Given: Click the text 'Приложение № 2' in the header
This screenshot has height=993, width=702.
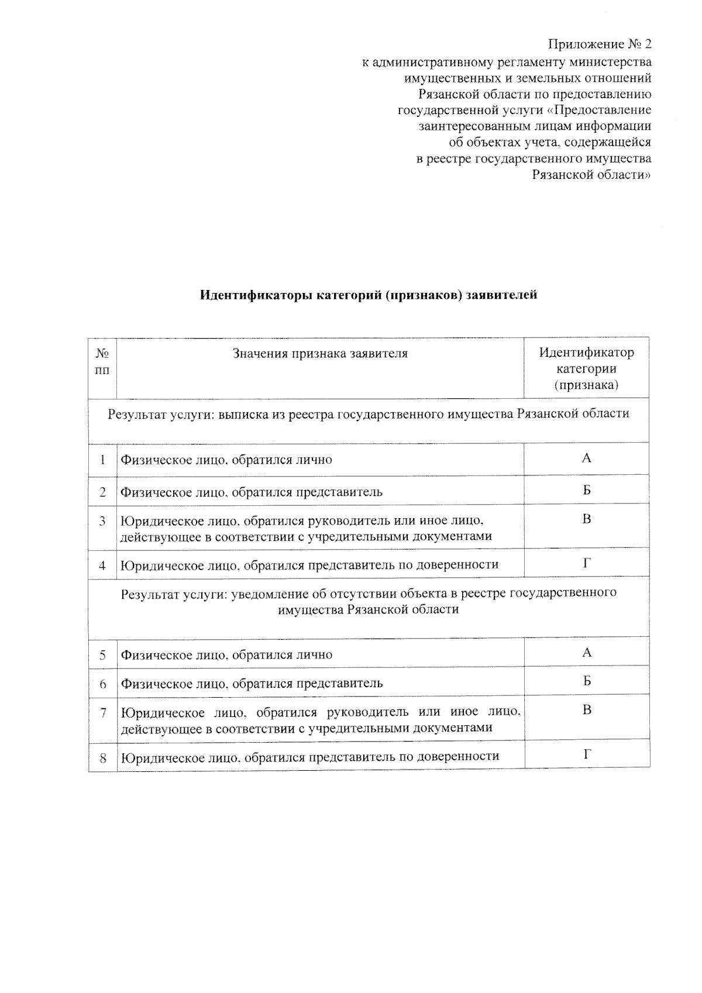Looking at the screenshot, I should click(x=600, y=45).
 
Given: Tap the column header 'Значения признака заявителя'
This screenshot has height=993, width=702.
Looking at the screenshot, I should click(x=320, y=354).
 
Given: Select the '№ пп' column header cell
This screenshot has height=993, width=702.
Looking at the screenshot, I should click(x=102, y=362).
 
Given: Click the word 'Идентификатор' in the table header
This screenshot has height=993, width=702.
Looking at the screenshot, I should click(x=586, y=353).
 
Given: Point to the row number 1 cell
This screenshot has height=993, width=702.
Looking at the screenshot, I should click(x=102, y=460).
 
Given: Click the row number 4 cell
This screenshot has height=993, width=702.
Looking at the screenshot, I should click(x=102, y=565).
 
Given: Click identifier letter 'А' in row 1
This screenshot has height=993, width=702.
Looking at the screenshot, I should click(x=587, y=458).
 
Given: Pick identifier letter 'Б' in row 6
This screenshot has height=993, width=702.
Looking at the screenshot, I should click(x=587, y=681).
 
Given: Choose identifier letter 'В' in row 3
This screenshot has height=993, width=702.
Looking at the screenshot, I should click(x=587, y=519).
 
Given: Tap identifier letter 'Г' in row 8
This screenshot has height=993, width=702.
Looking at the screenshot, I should click(x=587, y=754).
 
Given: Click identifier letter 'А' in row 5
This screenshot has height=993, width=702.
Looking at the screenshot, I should click(x=587, y=653).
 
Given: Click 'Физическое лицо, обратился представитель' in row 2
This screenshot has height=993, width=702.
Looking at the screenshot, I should click(x=252, y=492).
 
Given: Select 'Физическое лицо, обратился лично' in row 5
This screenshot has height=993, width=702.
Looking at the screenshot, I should click(x=226, y=655).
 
